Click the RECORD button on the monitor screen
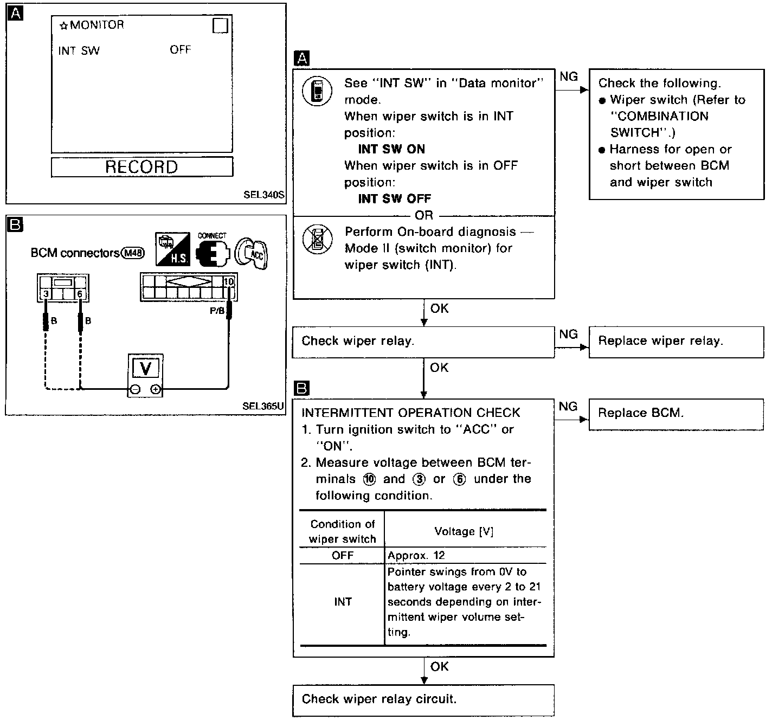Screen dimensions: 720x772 [141, 167]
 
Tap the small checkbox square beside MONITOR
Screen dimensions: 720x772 [220, 25]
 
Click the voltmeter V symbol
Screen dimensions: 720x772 [145, 369]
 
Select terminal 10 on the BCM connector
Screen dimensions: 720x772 [228, 282]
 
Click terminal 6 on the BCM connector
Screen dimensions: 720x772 [80, 294]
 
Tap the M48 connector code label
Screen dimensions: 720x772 [133, 253]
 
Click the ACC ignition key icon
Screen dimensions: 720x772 [252, 253]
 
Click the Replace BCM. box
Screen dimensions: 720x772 [676, 414]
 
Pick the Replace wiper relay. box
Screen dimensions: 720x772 [676, 342]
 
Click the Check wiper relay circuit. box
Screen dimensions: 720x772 [423, 700]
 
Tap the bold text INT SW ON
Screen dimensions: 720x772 [391, 150]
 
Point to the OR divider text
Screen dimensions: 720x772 [423, 216]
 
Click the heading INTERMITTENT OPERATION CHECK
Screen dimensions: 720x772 [410, 413]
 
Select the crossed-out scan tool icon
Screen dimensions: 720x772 [317, 239]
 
